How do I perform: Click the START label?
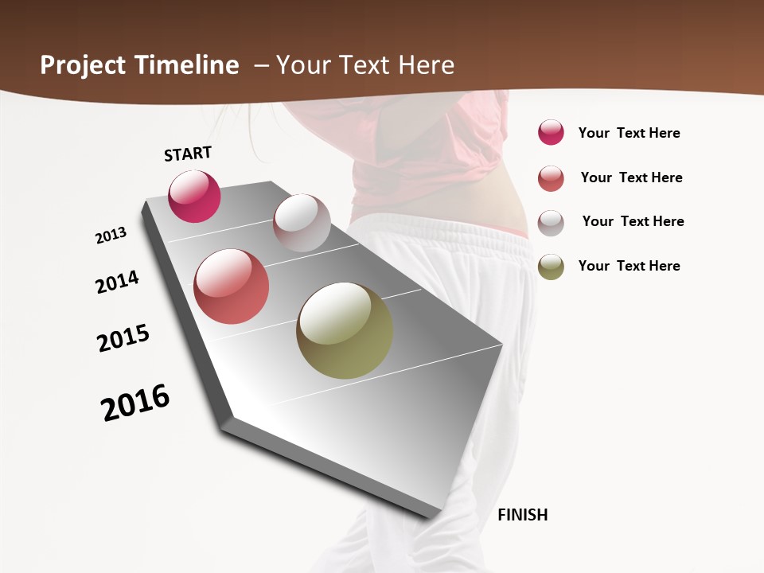coord(188,154)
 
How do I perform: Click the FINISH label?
coord(523,515)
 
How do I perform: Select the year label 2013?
coord(111,236)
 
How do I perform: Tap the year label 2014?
coord(117,282)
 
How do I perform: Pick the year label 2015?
coord(123,338)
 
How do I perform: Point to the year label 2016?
coord(135,403)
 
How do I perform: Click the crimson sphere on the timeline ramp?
coord(194,196)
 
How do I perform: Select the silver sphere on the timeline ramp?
coord(302,223)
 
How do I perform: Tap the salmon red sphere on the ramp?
coord(232,286)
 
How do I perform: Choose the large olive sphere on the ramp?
coord(345,330)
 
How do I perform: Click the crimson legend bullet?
coord(551,133)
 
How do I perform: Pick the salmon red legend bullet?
coord(551,178)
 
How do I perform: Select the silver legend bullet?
coord(551,223)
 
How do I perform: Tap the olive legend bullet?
coord(551,267)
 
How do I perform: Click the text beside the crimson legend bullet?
coord(629,133)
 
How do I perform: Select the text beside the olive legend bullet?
coord(629,266)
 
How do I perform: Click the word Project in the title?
coord(83,65)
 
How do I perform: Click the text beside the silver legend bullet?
coord(633,221)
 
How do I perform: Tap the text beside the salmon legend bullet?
coord(631,177)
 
